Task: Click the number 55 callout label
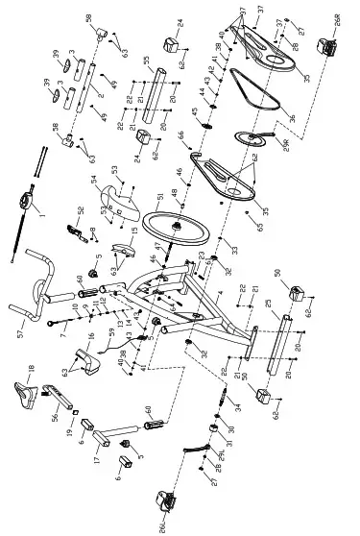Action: (145, 61)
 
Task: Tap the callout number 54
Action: (93, 180)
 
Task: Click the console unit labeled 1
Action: (22, 203)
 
